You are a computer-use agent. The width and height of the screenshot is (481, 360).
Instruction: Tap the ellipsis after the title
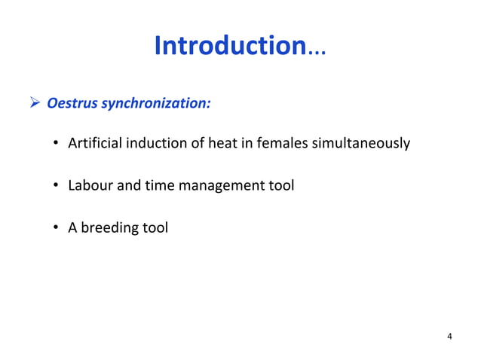[315, 49]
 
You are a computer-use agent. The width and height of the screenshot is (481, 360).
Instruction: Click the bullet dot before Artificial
[57, 144]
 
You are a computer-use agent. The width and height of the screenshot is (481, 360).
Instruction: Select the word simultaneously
[360, 144]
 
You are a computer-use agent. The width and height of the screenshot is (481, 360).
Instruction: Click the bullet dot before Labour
[57, 185]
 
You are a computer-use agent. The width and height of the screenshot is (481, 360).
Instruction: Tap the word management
[219, 185]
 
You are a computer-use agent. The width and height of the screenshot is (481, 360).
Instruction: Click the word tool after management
[280, 185]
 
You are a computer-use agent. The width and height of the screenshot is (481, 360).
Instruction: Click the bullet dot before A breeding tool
[57, 227]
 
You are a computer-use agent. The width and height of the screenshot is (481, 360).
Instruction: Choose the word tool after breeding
[155, 226]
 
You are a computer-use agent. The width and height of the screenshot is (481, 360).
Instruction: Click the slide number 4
[450, 336]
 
